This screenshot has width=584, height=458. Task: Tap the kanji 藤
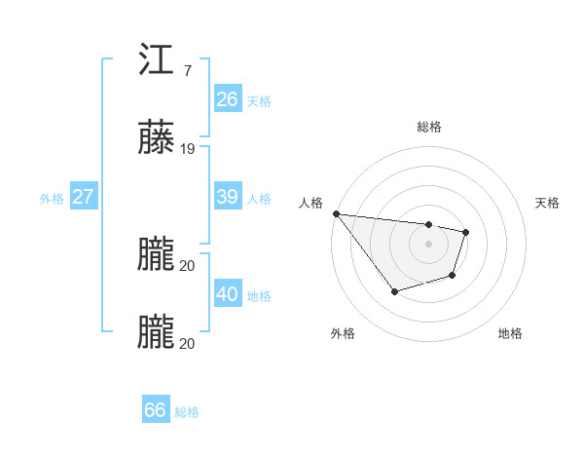[x=156, y=138]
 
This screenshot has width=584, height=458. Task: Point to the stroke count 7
[x=187, y=71]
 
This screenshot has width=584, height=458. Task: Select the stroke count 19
[x=188, y=150]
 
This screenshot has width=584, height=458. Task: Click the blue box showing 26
[x=228, y=98]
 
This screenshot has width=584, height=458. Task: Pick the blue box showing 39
[x=228, y=197]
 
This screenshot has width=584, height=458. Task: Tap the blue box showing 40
[x=228, y=294]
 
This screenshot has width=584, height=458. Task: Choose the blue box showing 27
[x=84, y=197]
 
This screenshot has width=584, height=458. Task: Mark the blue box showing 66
[x=156, y=410]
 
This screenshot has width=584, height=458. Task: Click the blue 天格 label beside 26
[x=259, y=100]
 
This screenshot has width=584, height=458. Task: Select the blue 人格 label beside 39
[x=259, y=199]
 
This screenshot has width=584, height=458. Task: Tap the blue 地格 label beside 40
[x=259, y=296]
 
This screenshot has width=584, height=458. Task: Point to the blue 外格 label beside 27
[x=52, y=199]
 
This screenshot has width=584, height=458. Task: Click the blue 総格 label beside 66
[x=187, y=412]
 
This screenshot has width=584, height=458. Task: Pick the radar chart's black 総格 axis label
[x=428, y=127]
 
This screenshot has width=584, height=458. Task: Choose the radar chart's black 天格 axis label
[x=548, y=203]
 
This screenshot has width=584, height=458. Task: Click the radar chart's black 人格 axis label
[x=309, y=203]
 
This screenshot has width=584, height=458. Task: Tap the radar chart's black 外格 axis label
[x=343, y=333]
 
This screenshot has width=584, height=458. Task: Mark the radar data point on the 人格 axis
[x=336, y=213]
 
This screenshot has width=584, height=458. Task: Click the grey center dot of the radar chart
[x=428, y=244]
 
